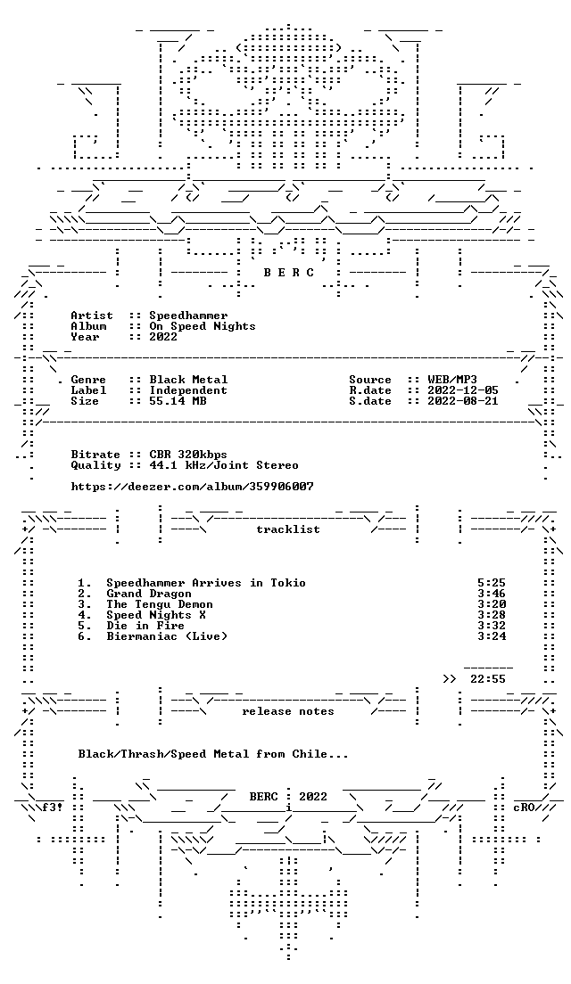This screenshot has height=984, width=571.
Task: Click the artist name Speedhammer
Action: pos(188,316)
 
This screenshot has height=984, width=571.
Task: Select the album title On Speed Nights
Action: pos(203,326)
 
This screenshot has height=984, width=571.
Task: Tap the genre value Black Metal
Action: pos(188,380)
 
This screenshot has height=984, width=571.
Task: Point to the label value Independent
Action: pos(188,390)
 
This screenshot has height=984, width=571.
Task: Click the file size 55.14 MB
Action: pos(178,401)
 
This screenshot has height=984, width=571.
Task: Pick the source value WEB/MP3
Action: pos(452,380)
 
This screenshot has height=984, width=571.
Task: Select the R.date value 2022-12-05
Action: pos(463,390)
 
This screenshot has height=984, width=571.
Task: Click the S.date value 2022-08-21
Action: pos(463,401)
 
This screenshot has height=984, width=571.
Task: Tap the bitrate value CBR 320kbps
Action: pos(188,455)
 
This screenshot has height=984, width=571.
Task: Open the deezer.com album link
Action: pos(192,487)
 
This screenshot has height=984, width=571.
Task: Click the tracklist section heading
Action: pos(288,529)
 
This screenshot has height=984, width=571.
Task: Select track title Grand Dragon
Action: pos(149,594)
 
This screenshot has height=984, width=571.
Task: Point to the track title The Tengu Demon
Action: pos(160,604)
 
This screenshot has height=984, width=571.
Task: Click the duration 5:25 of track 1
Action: pos(492,583)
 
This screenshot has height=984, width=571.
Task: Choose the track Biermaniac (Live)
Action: pos(167,636)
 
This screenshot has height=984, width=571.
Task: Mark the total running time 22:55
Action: pos(488,679)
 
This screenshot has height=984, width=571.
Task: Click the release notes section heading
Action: pos(288,711)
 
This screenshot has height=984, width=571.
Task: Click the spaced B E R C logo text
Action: pos(288,273)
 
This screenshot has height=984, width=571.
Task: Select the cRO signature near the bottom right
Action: pos(524,808)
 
